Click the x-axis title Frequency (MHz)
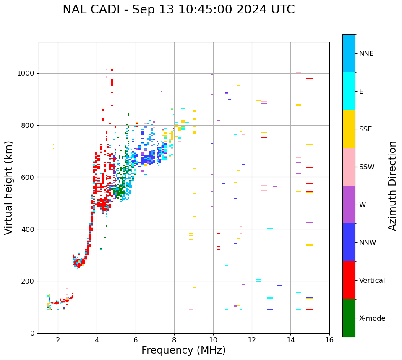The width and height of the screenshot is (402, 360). point(183,350)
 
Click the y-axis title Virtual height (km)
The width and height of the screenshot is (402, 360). point(9,187)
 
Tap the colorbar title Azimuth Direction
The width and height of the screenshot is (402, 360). point(392,185)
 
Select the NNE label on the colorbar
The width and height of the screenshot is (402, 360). point(366,54)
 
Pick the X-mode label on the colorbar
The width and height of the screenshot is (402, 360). point(372,318)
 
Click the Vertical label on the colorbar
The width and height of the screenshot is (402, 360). point(372,281)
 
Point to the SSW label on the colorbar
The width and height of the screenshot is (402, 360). point(367,167)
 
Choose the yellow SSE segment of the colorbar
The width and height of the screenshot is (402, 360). point(349,129)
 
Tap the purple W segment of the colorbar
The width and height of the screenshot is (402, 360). point(349,205)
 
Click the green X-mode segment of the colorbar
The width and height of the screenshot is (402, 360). point(349,318)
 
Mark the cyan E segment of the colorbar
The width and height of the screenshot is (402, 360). point(349,91)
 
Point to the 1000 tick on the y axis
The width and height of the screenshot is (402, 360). point(26,74)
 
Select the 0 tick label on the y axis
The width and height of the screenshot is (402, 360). point(32,334)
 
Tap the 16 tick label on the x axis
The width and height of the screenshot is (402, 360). point(329,340)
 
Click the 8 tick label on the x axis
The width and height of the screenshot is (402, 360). point(174,340)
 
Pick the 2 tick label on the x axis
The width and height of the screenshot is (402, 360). point(58,340)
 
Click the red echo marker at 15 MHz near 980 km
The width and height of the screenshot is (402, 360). point(310,78)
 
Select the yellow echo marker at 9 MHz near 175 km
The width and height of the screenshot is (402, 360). point(195,288)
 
